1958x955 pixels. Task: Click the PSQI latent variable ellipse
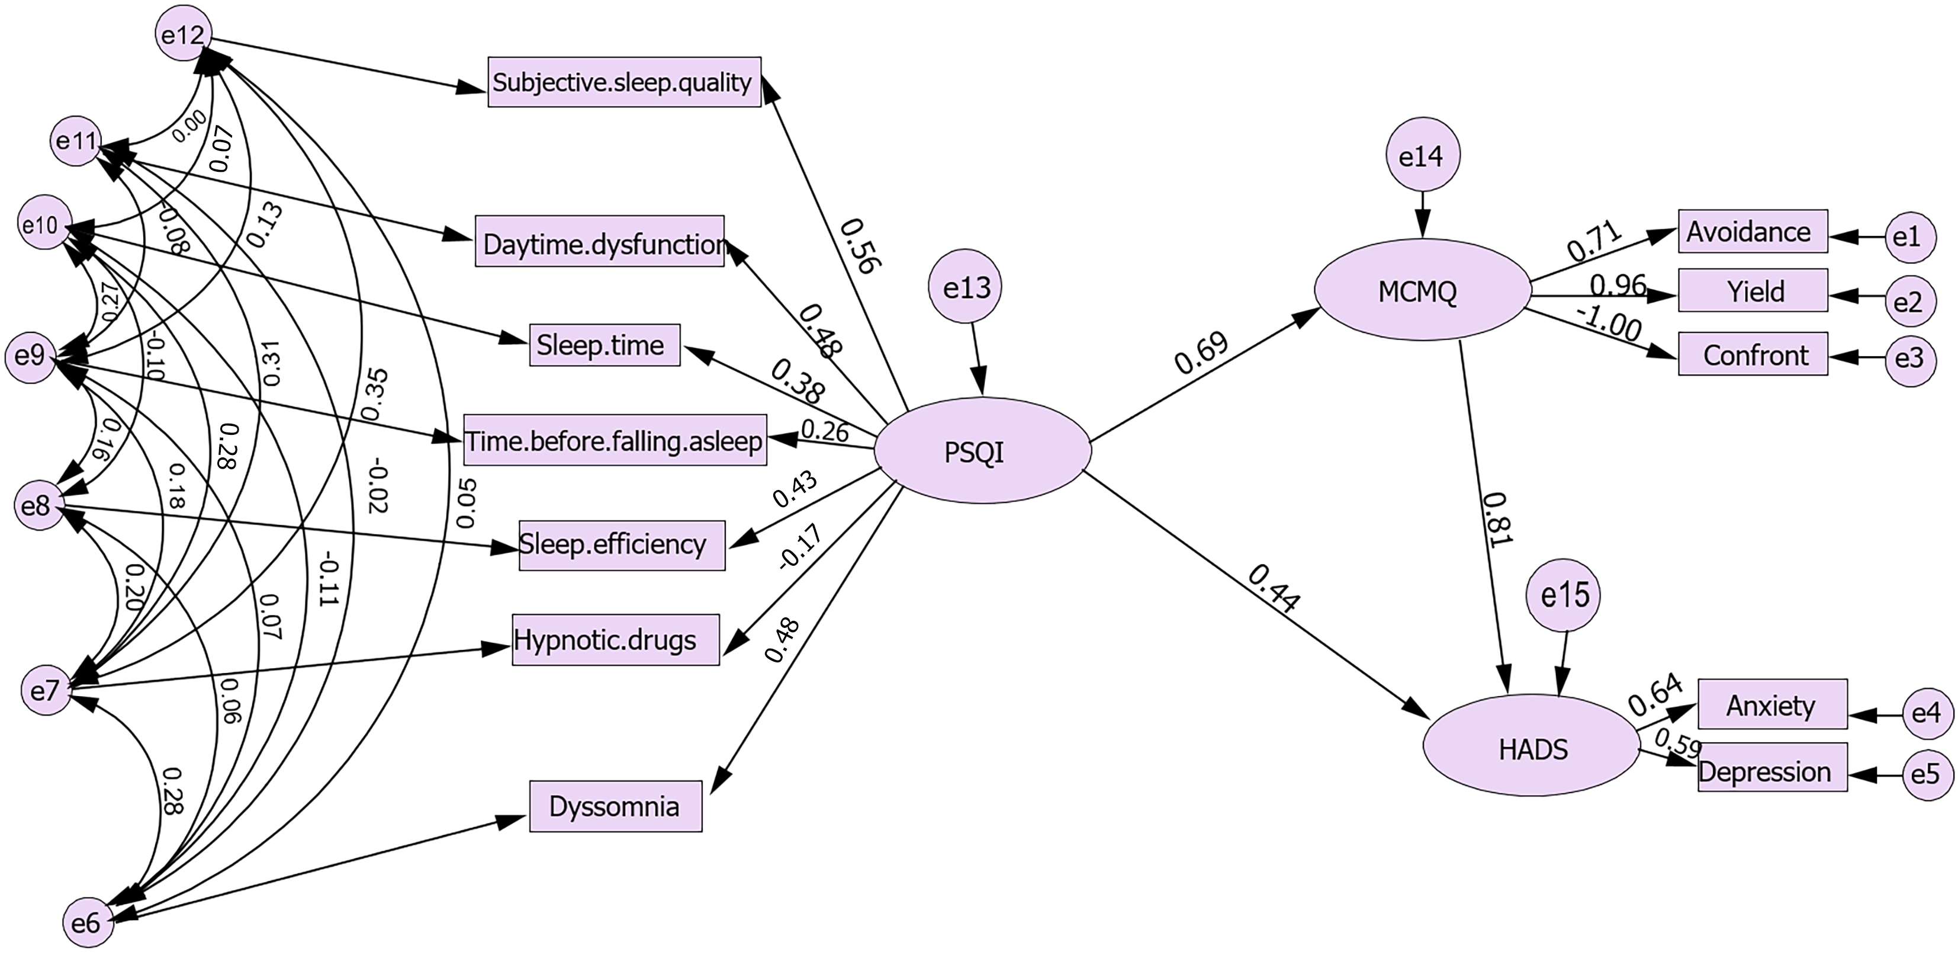point(982,451)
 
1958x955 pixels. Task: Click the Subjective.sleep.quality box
point(623,82)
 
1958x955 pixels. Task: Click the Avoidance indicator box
point(1752,231)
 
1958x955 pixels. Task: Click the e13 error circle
point(965,287)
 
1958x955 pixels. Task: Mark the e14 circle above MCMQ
point(1420,156)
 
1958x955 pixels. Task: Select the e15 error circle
point(1564,595)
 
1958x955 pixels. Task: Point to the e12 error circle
point(182,35)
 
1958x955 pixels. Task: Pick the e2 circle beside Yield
point(1908,303)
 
